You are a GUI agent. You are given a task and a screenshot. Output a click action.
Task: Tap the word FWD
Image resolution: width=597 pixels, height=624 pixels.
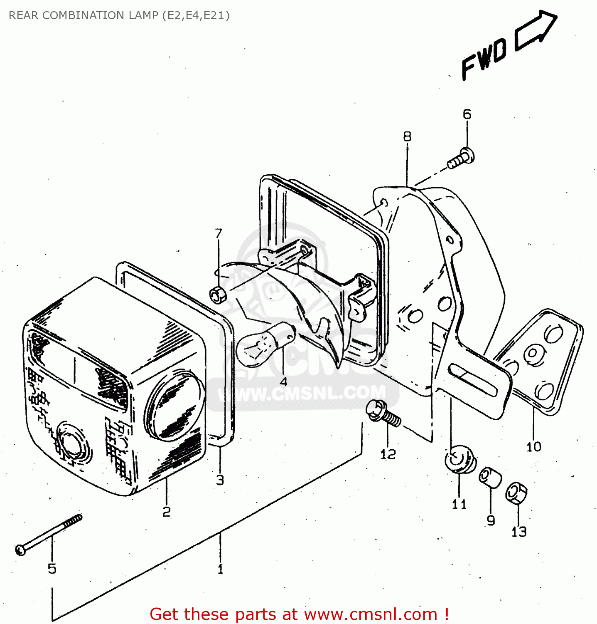(484, 59)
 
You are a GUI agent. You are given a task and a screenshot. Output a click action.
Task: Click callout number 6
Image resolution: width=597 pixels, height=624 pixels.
(467, 114)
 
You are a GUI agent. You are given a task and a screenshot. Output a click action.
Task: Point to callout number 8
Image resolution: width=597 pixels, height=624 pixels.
(407, 136)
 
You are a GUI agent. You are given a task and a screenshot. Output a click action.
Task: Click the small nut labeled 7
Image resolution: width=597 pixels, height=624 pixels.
(217, 295)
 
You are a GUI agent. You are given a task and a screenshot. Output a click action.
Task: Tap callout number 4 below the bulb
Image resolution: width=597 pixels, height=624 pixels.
(283, 381)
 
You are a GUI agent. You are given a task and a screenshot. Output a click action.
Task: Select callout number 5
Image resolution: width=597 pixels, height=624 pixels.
(52, 568)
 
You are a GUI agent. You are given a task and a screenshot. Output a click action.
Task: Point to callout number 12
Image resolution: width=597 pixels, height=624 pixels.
(388, 454)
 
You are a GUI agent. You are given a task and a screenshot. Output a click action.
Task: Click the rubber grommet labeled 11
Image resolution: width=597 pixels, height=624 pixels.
(460, 459)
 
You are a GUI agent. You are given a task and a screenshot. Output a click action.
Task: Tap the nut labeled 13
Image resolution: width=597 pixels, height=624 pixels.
(516, 493)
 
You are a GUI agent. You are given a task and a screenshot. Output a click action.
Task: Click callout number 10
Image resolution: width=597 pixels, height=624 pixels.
(534, 447)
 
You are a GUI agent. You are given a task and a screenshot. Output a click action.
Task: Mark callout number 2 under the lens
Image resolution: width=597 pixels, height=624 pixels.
(166, 512)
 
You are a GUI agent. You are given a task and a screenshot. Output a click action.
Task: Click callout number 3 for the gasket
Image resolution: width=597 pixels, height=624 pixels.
(220, 480)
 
